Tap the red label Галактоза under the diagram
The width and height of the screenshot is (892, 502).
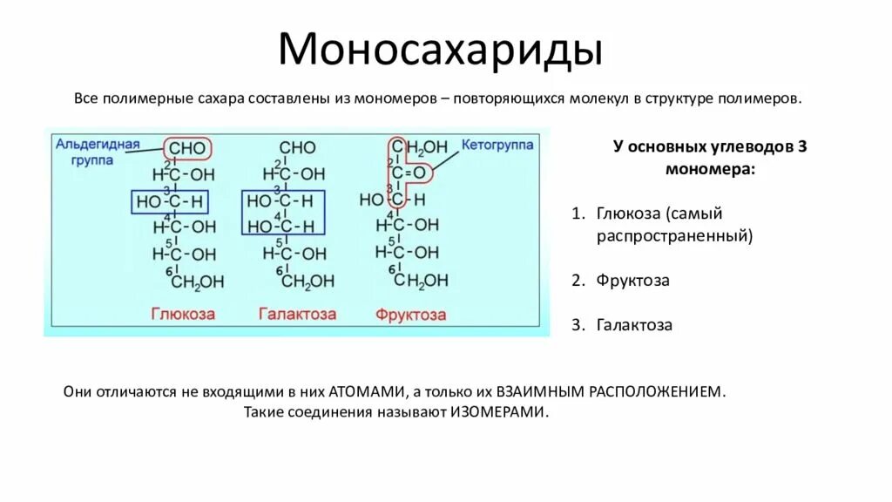[x=297, y=314]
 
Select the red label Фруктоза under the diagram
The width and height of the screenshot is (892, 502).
[x=413, y=314]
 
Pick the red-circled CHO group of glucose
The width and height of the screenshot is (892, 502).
[x=186, y=149]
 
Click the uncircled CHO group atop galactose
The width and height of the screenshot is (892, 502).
[x=297, y=149]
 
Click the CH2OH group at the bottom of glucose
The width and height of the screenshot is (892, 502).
[x=197, y=282]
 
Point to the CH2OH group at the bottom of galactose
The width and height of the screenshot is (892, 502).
[x=307, y=282]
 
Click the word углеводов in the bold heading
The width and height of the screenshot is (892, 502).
[x=725, y=146]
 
